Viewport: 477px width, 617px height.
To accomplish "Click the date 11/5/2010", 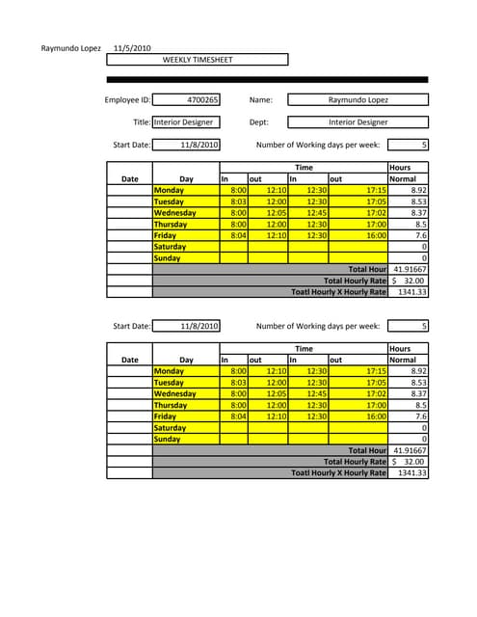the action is pyautogui.click(x=132, y=48).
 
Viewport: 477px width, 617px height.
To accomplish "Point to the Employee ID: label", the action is pyautogui.click(x=127, y=99).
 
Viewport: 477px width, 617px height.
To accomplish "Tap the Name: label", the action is pyautogui.click(x=260, y=99).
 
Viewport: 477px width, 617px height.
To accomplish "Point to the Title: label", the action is pyautogui.click(x=142, y=122).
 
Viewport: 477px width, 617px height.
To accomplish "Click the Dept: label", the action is pyautogui.click(x=258, y=122).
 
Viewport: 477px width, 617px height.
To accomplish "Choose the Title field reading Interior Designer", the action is pyautogui.click(x=186, y=122).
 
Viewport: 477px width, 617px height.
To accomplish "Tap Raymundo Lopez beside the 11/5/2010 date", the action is pyautogui.click(x=69, y=48).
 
